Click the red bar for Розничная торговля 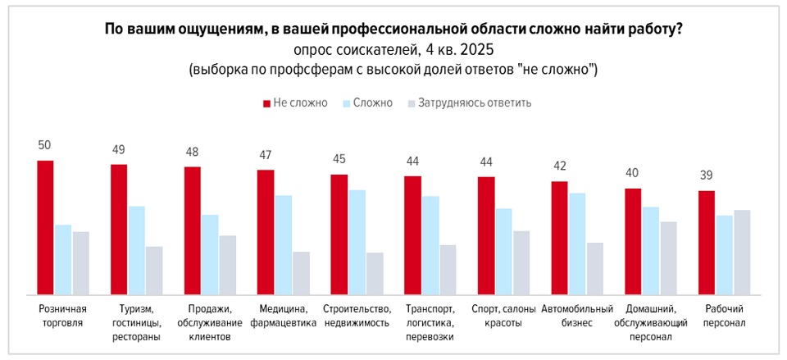[45, 227]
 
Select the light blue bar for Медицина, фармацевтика [283, 244]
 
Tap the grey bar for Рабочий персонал [742, 252]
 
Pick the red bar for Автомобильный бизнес [560, 238]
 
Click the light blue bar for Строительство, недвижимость [357, 242]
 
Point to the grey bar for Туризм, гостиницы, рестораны [154, 270]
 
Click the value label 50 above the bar [45, 145]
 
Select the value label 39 [706, 175]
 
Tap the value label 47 [266, 154]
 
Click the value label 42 [559, 166]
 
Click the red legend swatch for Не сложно [266, 103]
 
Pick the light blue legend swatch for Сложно [346, 103]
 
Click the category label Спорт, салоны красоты [503, 316]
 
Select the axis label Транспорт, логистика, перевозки [430, 322]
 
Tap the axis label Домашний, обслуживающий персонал [650, 322]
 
